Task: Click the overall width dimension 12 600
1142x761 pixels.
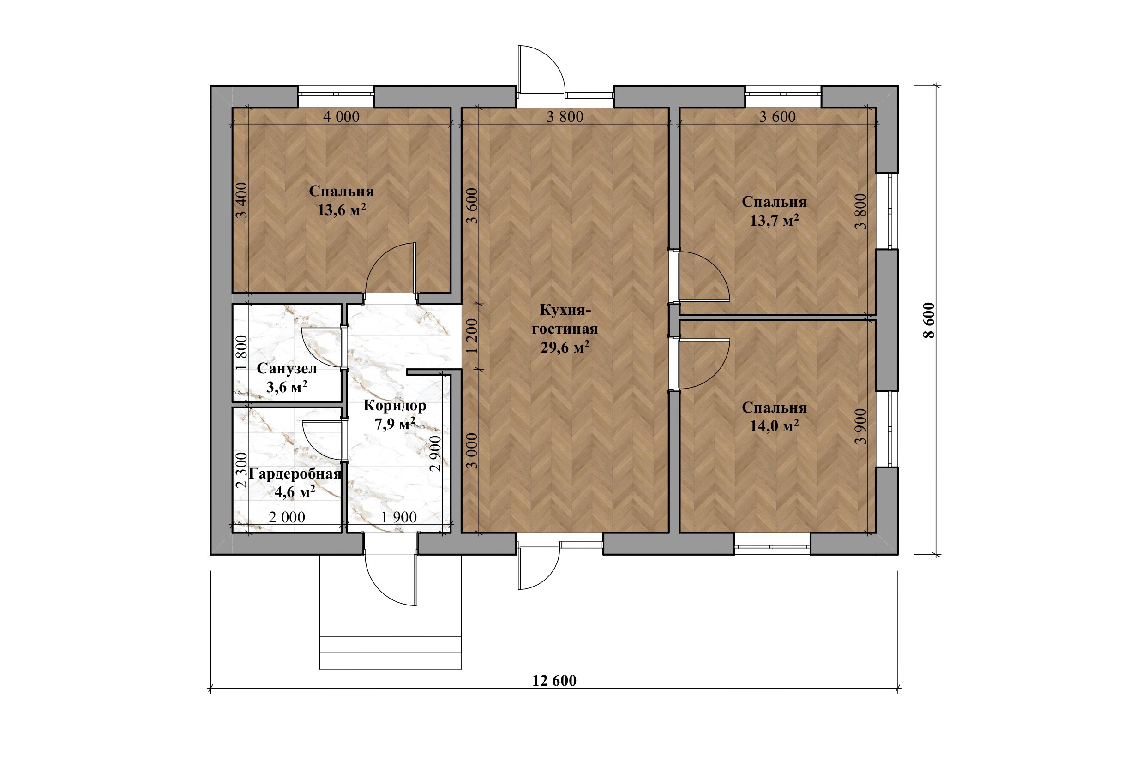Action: [x=554, y=680]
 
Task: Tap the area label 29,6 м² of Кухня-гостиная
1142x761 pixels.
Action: [x=565, y=347]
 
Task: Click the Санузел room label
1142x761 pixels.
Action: [x=286, y=368]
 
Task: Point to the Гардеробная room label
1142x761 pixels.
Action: [x=295, y=473]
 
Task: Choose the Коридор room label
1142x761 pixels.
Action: [x=395, y=405]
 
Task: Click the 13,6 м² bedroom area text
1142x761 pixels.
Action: [x=341, y=210]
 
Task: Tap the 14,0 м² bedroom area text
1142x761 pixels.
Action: [x=774, y=425]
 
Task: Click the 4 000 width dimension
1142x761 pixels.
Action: [x=341, y=116]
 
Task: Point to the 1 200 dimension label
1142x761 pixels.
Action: [x=473, y=336]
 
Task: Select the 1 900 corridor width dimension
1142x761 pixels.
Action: [x=398, y=517]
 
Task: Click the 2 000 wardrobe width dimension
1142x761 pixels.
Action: [x=287, y=517]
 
